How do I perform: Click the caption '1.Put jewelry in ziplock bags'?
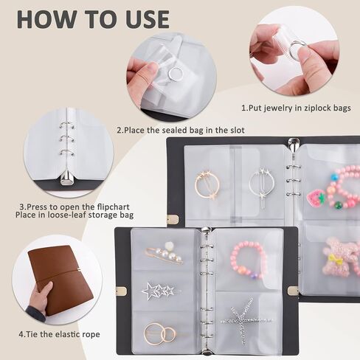pyautogui.click(x=294, y=108)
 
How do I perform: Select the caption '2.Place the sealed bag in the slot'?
pyautogui.click(x=181, y=131)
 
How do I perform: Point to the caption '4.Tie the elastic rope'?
pyautogui.click(x=60, y=335)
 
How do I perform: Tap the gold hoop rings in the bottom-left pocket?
pyautogui.click(x=159, y=333)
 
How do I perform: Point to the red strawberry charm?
pyautogui.click(x=315, y=197)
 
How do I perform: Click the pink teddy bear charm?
pyautogui.click(x=341, y=257)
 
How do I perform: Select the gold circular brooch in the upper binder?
pyautogui.click(x=207, y=184)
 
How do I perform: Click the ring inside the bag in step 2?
pyautogui.click(x=176, y=73)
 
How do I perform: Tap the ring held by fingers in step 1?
pyautogui.click(x=296, y=49)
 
